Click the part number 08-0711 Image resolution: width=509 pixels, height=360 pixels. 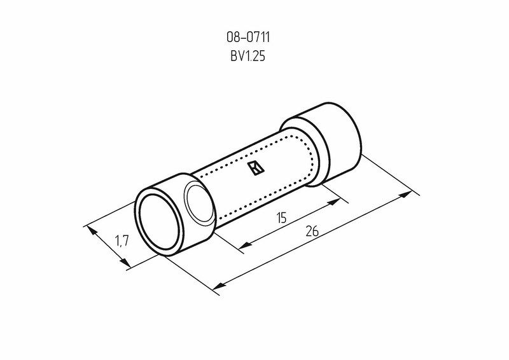(x=248, y=38)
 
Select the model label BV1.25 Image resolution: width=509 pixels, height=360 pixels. (x=248, y=56)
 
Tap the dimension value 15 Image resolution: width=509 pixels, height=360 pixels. (x=282, y=218)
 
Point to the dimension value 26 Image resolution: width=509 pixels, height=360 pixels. (x=312, y=231)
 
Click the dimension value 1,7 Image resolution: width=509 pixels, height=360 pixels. (x=122, y=241)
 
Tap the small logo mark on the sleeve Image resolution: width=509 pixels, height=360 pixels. (x=256, y=168)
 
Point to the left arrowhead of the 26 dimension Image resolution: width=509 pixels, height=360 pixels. (x=220, y=286)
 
